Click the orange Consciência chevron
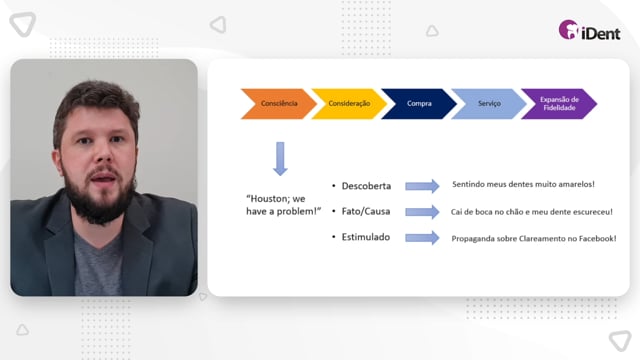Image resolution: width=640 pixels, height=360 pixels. tap(279, 104)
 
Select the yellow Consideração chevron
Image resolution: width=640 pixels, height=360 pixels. tap(349, 104)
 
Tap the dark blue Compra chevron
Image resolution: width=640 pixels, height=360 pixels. tap(419, 104)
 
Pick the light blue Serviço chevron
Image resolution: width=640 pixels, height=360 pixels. tap(489, 104)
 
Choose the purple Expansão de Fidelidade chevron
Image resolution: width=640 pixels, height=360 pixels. tap(559, 104)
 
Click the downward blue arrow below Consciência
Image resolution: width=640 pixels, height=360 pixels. tap(280, 159)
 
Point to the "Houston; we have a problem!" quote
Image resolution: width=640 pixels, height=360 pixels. tap(283, 205)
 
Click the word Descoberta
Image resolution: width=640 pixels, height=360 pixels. tap(366, 186)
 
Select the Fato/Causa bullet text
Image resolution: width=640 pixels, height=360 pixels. tap(366, 211)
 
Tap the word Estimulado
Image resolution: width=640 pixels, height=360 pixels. tap(366, 237)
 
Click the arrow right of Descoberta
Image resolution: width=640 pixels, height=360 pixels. tap(422, 186)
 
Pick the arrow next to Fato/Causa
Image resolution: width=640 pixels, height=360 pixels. tap(422, 212)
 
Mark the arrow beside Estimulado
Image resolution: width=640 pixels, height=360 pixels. tap(422, 238)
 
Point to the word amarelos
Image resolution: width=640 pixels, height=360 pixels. tap(576, 184)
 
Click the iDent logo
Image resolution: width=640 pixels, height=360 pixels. tap(589, 31)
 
